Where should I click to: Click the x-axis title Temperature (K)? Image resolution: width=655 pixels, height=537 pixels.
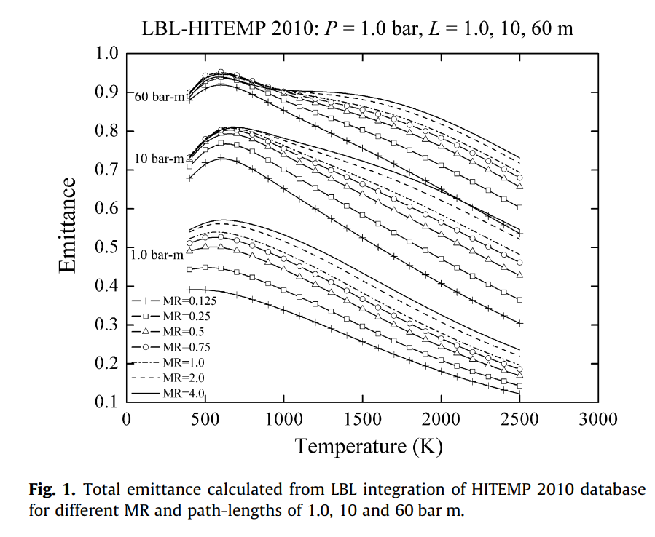pyautogui.click(x=368, y=445)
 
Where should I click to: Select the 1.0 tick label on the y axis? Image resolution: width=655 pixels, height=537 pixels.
pyautogui.click(x=107, y=53)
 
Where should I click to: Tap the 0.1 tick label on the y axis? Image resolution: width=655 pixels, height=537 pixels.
pyautogui.click(x=107, y=402)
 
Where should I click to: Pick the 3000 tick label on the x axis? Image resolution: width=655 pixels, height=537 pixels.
pyautogui.click(x=598, y=419)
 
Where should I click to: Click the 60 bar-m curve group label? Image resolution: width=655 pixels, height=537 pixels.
pyautogui.click(x=160, y=98)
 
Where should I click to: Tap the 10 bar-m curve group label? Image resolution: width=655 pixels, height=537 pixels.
pyautogui.click(x=158, y=159)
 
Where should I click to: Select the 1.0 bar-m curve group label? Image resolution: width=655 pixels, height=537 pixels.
pyautogui.click(x=156, y=255)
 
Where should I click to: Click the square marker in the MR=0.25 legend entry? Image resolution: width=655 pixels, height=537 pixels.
pyautogui.click(x=145, y=316)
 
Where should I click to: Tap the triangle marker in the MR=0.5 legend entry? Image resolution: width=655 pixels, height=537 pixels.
pyautogui.click(x=145, y=331)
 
